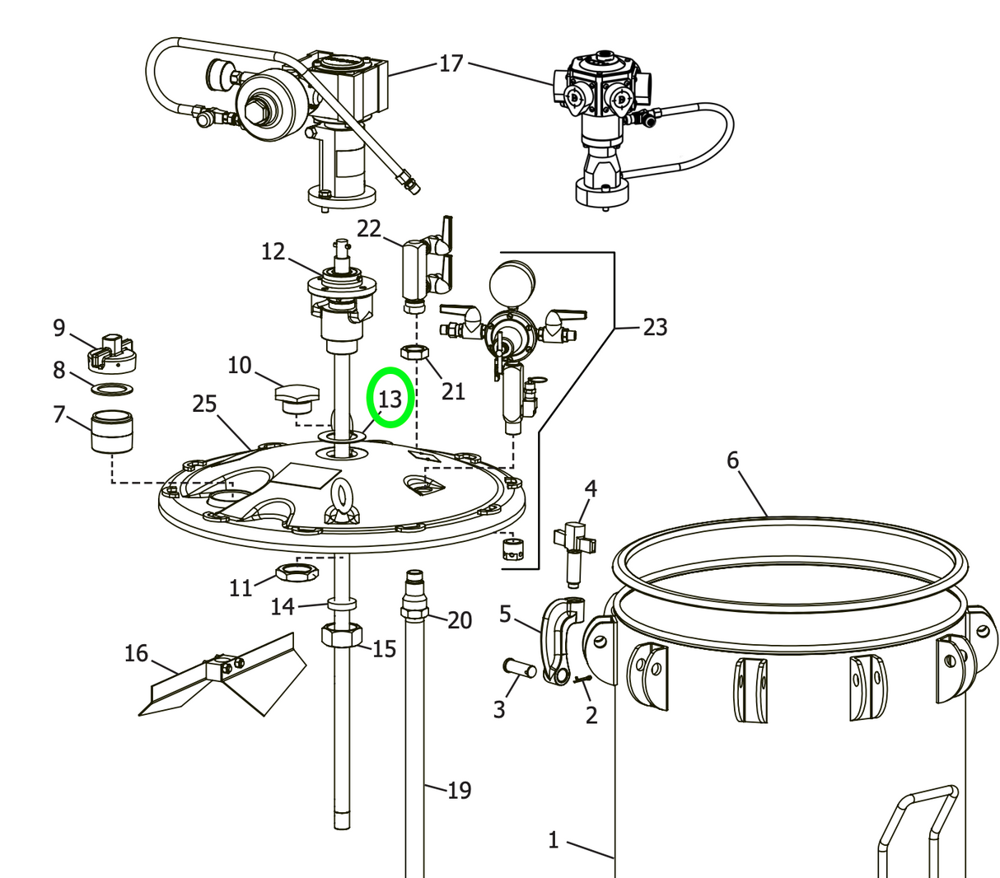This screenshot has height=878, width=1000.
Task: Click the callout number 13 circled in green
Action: coord(389,399)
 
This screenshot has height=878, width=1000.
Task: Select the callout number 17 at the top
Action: coord(451,63)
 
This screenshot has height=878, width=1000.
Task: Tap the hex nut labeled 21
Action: coord(415,353)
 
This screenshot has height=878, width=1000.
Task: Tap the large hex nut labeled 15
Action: coord(341,636)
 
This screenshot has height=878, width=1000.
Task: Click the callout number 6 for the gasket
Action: coord(733,460)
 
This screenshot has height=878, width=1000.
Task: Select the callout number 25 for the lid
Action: coord(204,404)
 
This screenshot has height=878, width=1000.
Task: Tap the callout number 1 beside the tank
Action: coord(554,840)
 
